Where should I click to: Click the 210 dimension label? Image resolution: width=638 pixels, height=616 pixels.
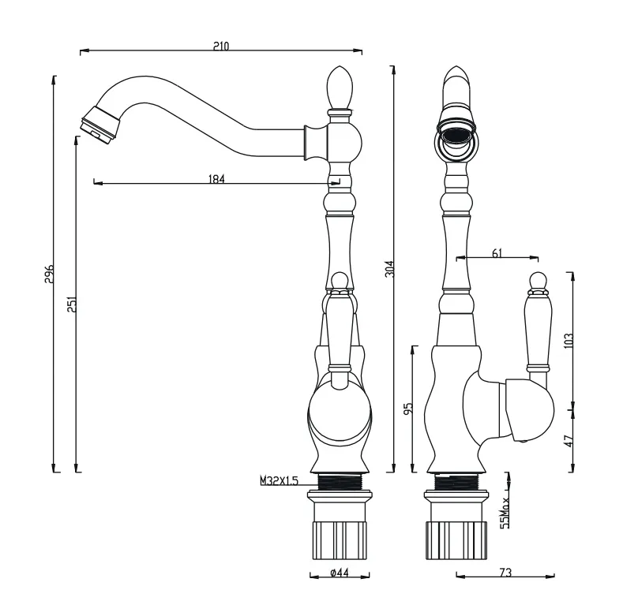[x=221, y=46]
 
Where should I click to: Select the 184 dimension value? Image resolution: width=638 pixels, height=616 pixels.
[x=216, y=179]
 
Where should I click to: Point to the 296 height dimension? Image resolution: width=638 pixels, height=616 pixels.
[x=49, y=274]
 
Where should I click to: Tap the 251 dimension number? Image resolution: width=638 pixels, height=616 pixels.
[x=72, y=304]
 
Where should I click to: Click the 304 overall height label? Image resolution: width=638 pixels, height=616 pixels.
[x=390, y=269]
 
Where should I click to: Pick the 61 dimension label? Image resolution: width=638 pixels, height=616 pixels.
[x=497, y=253]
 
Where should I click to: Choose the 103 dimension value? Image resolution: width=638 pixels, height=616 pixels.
[x=569, y=340]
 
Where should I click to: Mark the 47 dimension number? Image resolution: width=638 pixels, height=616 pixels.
[x=569, y=440]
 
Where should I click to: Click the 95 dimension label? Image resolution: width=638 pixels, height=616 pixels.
[x=409, y=408]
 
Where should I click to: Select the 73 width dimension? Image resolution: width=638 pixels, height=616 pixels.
[x=505, y=573]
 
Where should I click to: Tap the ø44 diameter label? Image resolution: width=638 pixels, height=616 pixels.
[x=340, y=573]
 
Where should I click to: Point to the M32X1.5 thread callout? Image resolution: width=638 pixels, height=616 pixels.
[x=280, y=480]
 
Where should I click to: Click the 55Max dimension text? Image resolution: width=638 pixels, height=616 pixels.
[x=505, y=513]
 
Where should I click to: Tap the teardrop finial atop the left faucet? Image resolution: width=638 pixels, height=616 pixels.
[x=340, y=88]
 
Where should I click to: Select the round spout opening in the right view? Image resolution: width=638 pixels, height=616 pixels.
[x=456, y=136]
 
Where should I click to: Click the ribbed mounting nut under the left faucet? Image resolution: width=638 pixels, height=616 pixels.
[x=340, y=540]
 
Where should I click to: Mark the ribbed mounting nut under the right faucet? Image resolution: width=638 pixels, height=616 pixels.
[x=456, y=540]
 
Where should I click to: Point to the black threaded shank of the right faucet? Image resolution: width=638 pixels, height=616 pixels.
[x=456, y=483]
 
